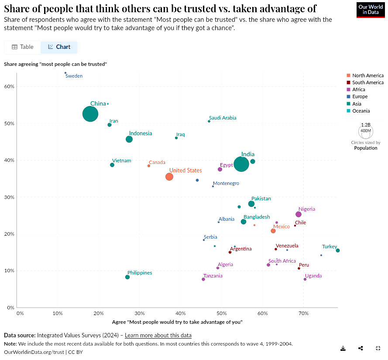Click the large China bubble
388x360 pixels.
point(90,114)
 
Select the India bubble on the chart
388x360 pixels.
point(241,164)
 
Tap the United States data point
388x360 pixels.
point(169,177)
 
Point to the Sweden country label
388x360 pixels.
point(74,76)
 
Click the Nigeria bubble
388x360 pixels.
point(299,214)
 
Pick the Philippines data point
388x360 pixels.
point(127,277)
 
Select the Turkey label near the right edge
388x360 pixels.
point(330,247)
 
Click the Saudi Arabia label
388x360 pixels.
point(223,118)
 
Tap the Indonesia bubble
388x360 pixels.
point(129,139)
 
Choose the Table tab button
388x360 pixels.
point(23,47)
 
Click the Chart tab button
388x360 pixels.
point(59,47)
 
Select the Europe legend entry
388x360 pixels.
point(360,96)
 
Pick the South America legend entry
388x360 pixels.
point(367,82)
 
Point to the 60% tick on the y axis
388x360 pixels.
point(10,86)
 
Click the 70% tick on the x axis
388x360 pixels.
point(303,313)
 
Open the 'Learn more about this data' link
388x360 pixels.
point(158,335)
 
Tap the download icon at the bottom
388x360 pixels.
point(343,348)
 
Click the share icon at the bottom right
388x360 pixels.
point(361,348)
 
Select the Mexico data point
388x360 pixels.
point(273,231)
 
